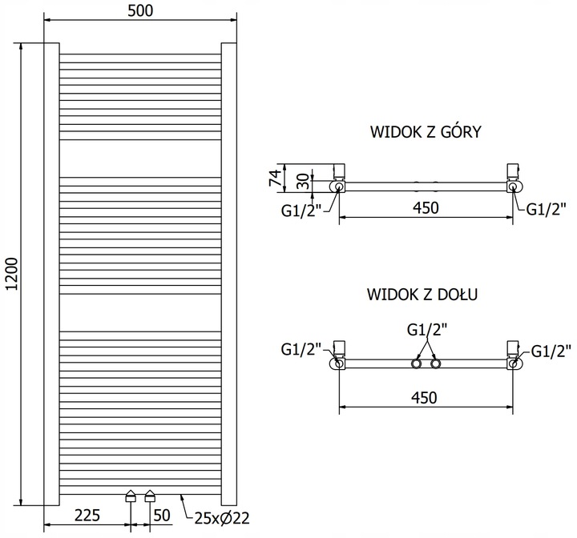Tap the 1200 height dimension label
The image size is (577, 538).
tap(11, 274)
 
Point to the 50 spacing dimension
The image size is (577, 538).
tap(163, 516)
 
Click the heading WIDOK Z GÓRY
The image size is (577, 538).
tap(425, 131)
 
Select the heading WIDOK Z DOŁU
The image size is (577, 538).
tap(424, 295)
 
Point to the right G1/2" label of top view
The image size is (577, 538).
tap(547, 210)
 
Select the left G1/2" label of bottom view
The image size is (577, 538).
tap(301, 349)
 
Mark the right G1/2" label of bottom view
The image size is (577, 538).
tap(551, 349)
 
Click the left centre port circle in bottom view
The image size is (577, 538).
tap(416, 364)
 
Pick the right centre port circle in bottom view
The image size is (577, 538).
tap(435, 364)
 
